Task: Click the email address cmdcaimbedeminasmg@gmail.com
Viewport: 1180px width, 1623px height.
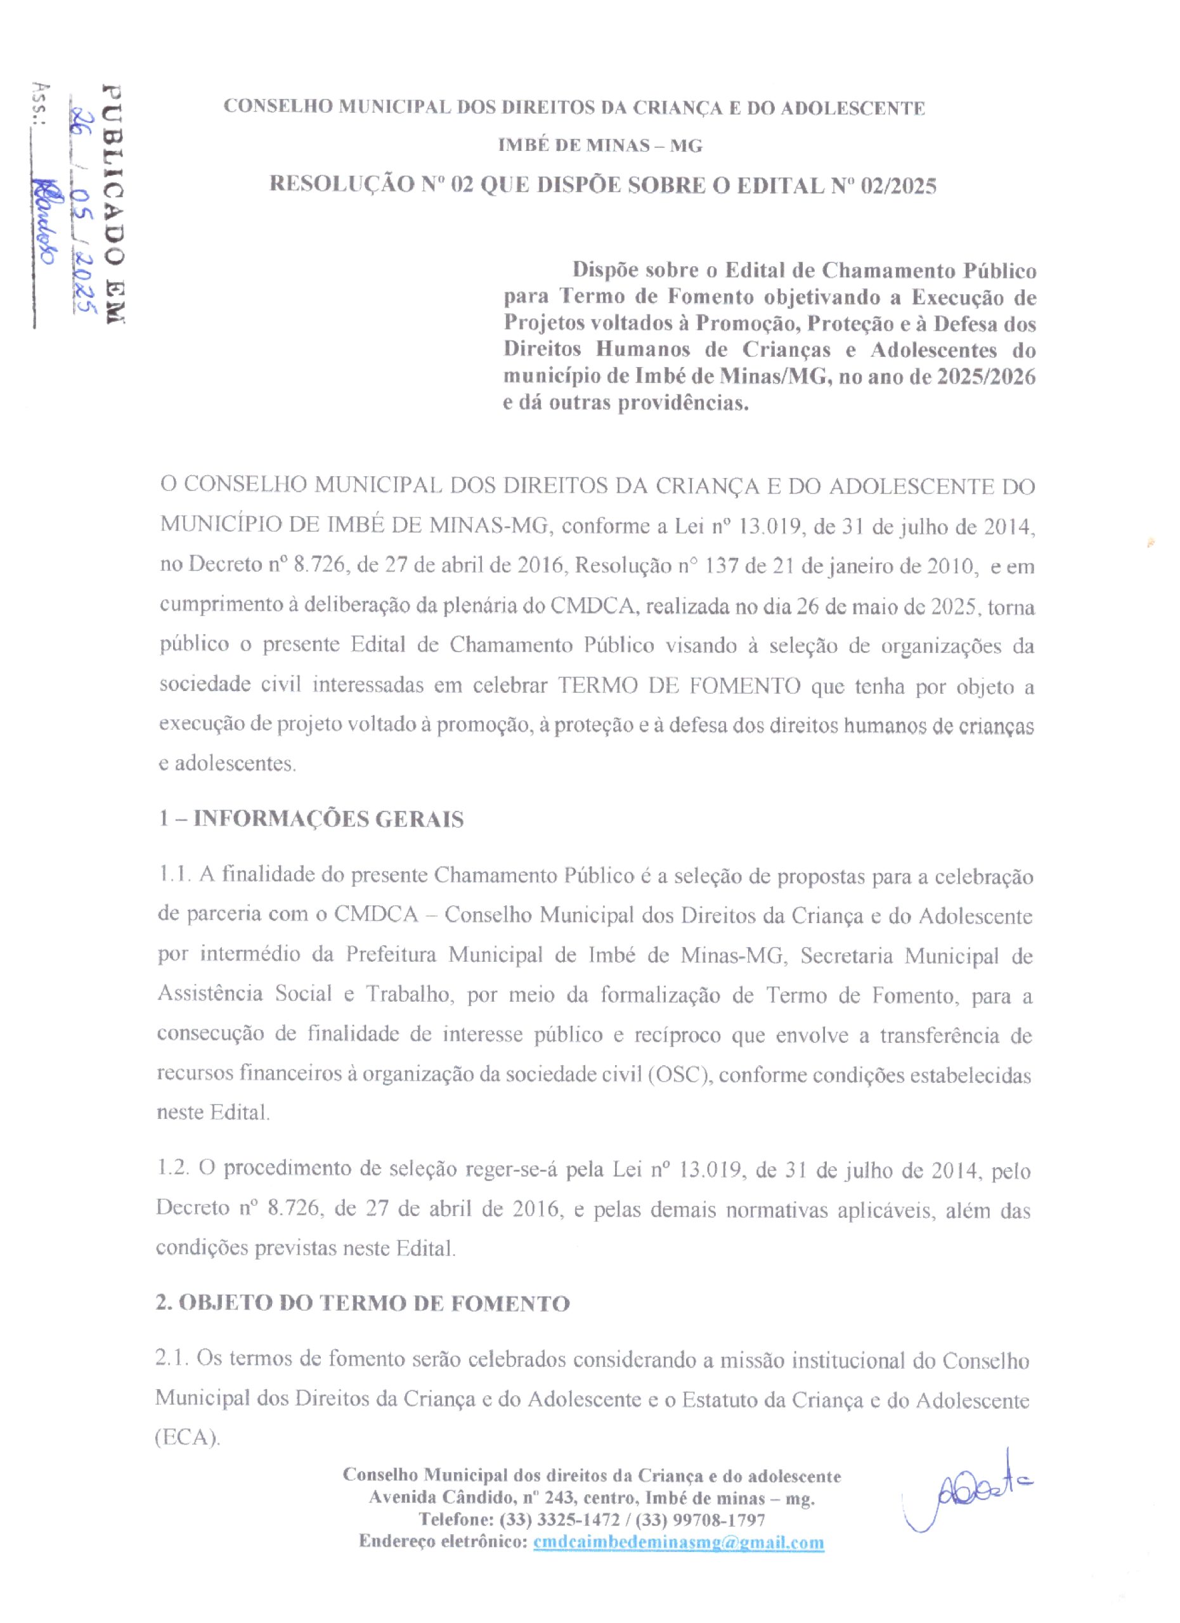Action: [x=678, y=1541]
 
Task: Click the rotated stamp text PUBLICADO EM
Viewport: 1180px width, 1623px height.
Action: [x=113, y=205]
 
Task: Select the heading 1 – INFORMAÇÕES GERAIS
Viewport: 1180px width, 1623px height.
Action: [x=311, y=818]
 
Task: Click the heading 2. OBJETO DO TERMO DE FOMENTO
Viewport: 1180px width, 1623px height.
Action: [x=363, y=1302]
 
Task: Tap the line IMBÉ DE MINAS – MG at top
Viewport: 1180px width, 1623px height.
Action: [x=600, y=146]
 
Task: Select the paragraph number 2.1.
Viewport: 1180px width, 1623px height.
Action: [x=171, y=1357]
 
